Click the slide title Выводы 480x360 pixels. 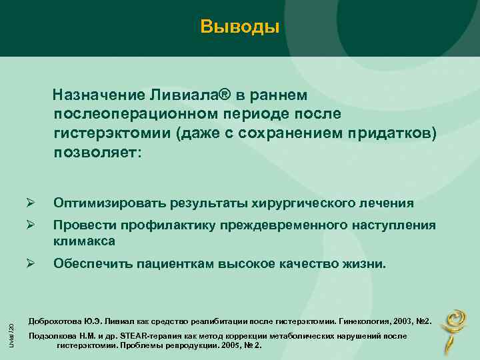(239, 27)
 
